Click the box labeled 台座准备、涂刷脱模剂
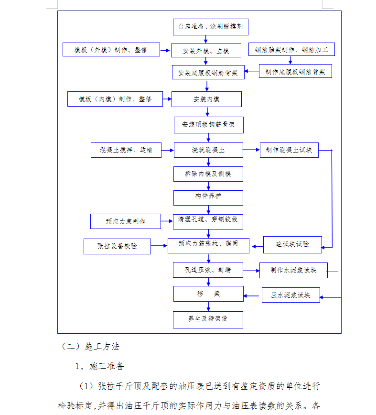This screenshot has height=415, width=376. tap(211, 27)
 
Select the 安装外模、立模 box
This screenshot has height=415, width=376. tap(206, 50)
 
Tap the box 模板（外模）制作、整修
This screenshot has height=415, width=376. tap(111, 50)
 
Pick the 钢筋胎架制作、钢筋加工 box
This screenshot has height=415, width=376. tap(291, 49)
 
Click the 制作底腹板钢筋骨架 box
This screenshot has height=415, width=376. tap(295, 71)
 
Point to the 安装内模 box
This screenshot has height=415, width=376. tap(206, 99)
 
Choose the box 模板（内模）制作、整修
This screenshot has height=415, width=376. tap(115, 99)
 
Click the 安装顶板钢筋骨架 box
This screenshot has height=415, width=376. tap(209, 125)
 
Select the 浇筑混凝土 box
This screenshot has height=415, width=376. tap(208, 150)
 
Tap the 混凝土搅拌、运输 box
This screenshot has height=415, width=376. tap(126, 150)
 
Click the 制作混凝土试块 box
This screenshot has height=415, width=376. tap(289, 150)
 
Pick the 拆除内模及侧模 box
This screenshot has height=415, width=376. tap(208, 174)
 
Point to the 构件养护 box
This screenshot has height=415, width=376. tap(208, 198)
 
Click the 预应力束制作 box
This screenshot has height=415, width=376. tap(126, 221)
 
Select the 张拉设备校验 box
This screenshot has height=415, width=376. tap(117, 246)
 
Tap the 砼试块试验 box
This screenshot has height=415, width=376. tap(292, 245)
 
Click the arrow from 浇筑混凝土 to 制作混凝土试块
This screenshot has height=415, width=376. tap(251, 150)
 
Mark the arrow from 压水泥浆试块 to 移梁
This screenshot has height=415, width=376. tap(251, 295)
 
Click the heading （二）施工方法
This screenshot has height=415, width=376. tap(90, 347)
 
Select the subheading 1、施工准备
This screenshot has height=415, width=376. tap(100, 366)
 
